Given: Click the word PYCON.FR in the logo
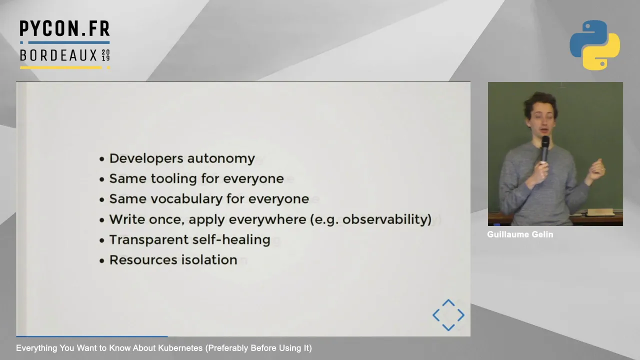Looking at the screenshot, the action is click(64, 28).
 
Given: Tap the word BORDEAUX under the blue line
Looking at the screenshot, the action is click(58, 55).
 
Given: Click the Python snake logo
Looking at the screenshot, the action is click(594, 45).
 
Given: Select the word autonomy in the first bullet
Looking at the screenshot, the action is click(221, 159).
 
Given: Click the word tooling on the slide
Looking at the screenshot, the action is click(173, 179).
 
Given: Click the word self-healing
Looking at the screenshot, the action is click(231, 239).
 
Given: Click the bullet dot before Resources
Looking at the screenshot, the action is click(102, 260).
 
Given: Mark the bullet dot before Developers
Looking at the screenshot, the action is click(102, 159).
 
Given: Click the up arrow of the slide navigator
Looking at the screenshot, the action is click(448, 303).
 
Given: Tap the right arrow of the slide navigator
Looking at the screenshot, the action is click(461, 315).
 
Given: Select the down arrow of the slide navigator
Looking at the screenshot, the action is click(448, 327).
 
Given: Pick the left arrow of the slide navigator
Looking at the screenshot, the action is click(436, 315).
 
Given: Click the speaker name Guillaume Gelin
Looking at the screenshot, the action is click(520, 234).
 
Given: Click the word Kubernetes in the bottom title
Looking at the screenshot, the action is click(180, 348).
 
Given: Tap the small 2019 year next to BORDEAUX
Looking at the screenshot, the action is click(105, 55).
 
